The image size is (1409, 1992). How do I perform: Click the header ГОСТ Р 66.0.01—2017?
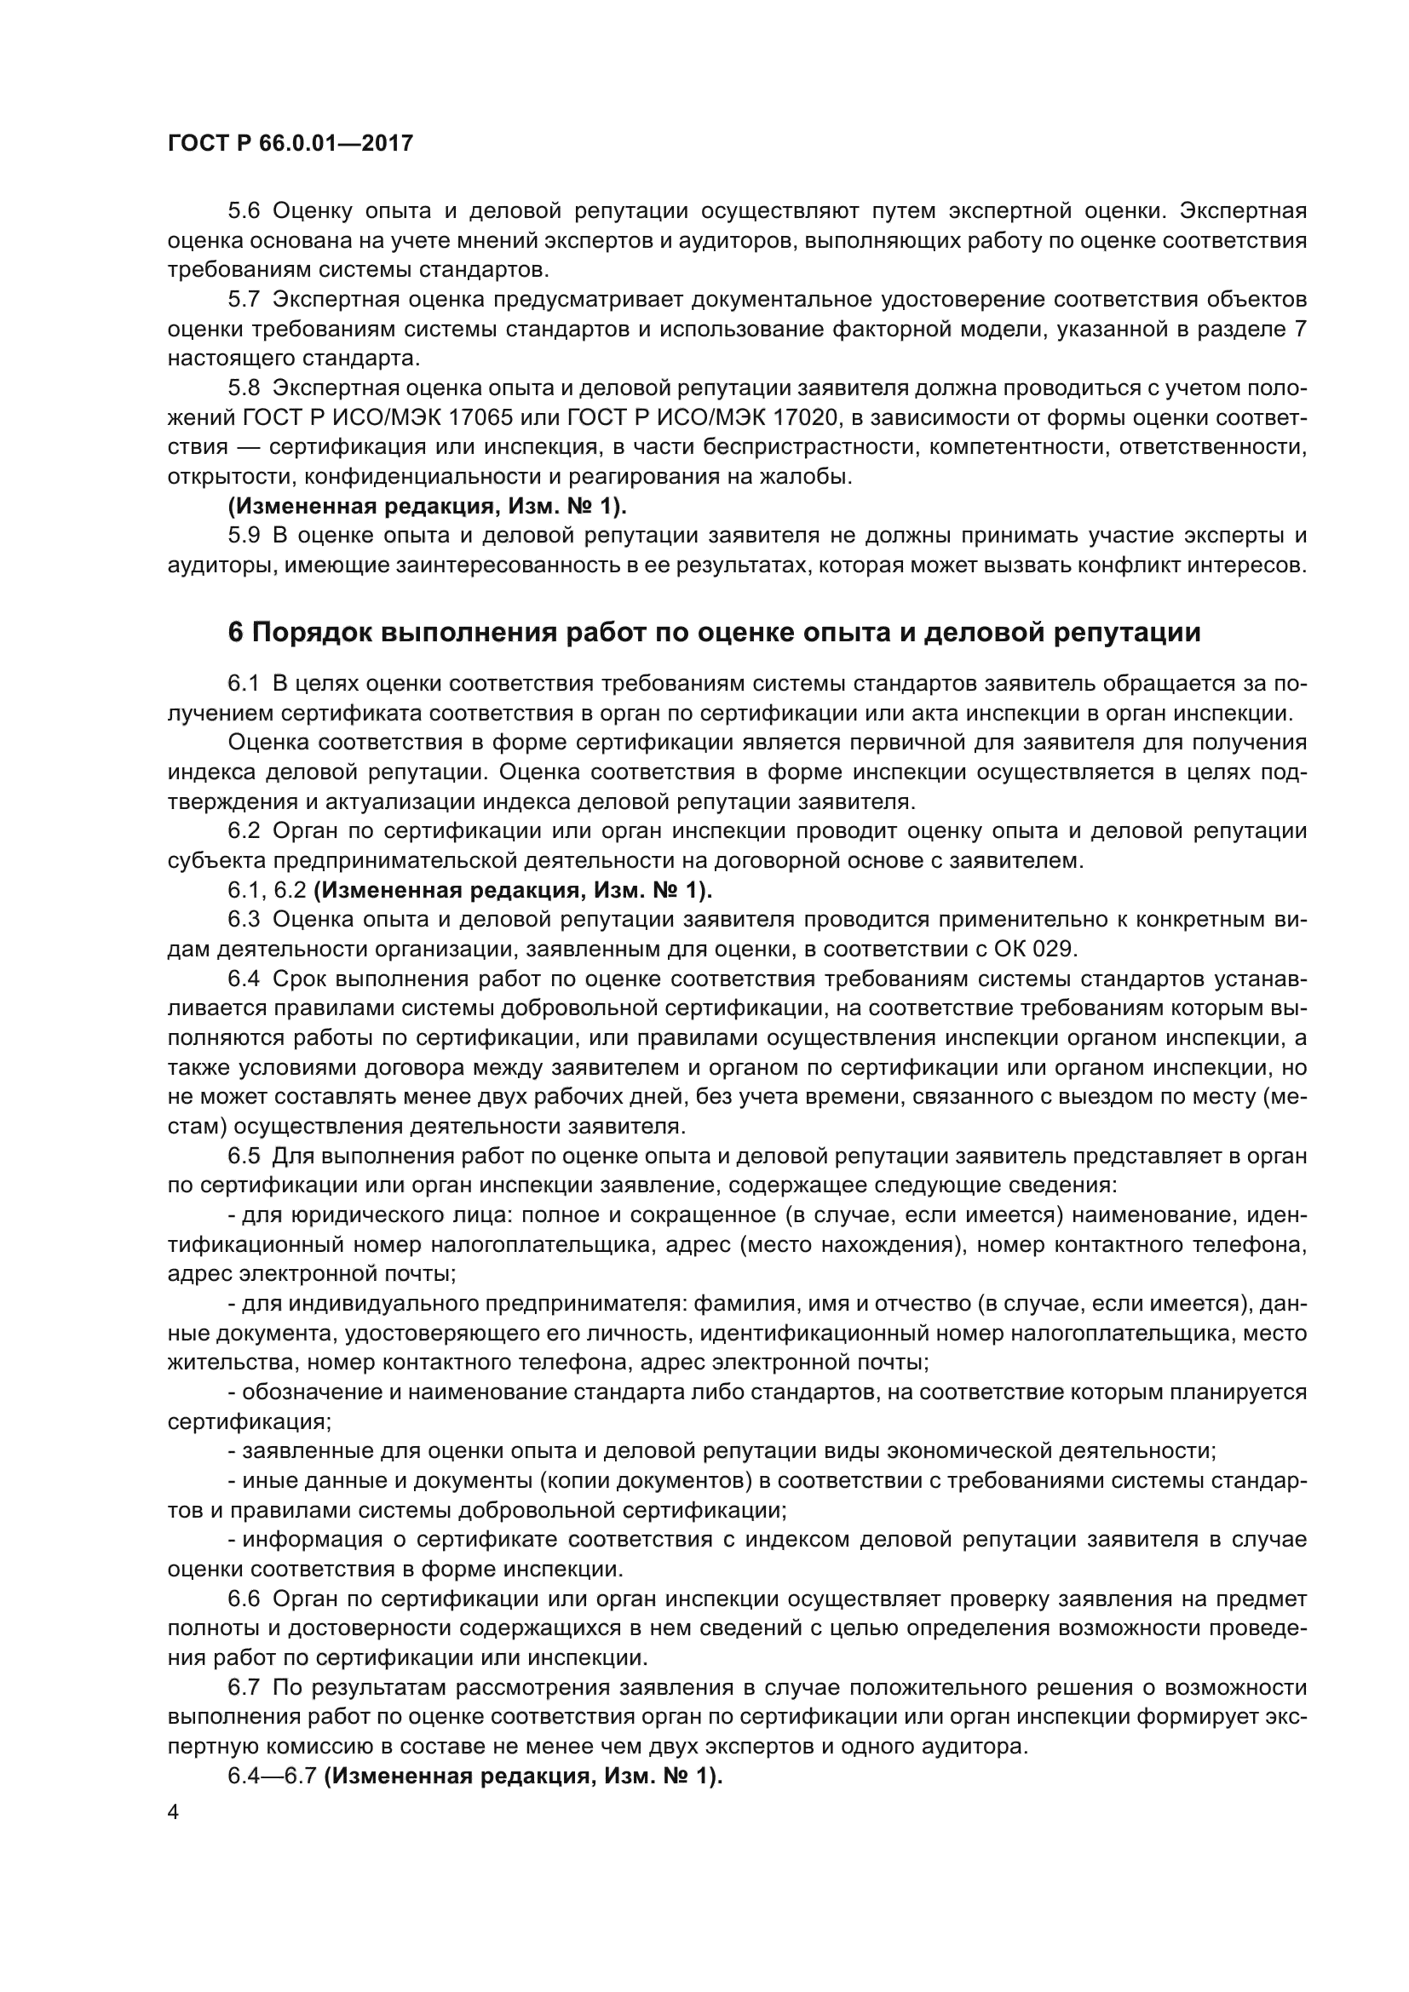290,144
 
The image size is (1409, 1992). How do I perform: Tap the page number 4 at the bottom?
174,1812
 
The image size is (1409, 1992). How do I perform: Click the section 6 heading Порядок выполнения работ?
714,633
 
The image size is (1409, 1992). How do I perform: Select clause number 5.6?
244,211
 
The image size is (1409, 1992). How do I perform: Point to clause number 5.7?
244,299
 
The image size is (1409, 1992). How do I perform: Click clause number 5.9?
244,536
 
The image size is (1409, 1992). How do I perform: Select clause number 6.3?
244,919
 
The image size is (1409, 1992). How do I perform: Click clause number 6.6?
244,1598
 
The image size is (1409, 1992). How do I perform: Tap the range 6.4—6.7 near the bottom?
273,1775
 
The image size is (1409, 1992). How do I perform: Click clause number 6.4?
244,979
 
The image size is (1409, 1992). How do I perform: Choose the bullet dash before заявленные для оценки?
232,1450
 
